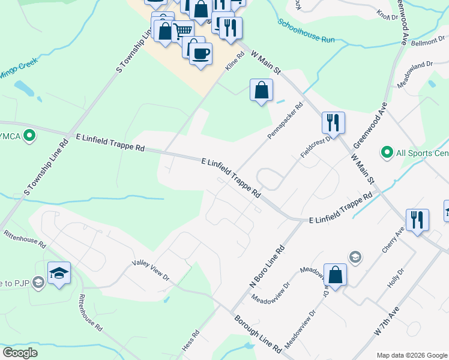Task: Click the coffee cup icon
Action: click(x=200, y=53)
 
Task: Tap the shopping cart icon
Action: click(x=182, y=31)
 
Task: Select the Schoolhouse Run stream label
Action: click(x=306, y=31)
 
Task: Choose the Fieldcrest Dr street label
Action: click(x=316, y=147)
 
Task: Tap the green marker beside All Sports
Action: click(x=387, y=153)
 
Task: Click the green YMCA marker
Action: click(x=28, y=136)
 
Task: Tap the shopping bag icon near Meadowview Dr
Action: click(x=335, y=275)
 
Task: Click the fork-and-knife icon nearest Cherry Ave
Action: click(x=417, y=220)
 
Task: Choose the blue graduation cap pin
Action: click(x=58, y=273)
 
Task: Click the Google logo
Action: click(x=20, y=353)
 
